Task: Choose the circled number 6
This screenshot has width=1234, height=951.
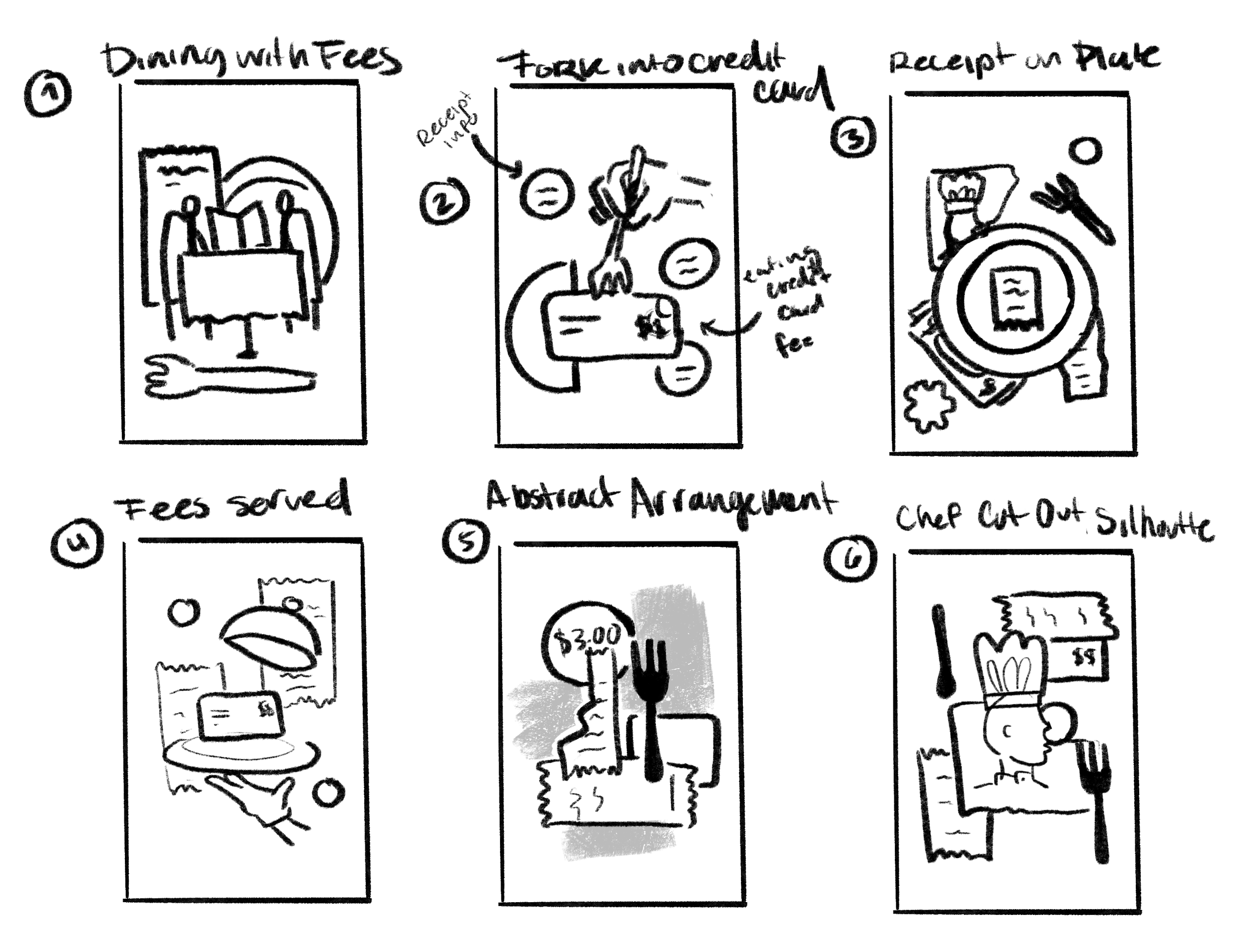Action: coord(850,559)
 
